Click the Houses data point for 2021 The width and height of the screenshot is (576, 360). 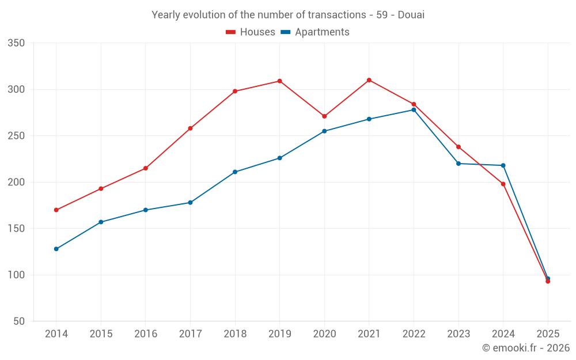(x=369, y=80)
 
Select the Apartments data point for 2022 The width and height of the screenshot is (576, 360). (x=414, y=109)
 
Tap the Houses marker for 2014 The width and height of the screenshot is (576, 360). (x=56, y=210)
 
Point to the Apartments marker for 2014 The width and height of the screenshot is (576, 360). (x=56, y=249)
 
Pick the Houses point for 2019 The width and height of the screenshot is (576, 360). (x=279, y=81)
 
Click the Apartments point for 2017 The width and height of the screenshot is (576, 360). (x=190, y=202)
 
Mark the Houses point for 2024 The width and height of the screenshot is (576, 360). (x=503, y=184)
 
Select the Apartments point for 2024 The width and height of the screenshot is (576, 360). (x=503, y=165)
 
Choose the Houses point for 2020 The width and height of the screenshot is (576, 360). (x=324, y=116)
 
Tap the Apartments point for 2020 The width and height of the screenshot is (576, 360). (x=324, y=131)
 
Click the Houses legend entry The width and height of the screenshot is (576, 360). (x=251, y=32)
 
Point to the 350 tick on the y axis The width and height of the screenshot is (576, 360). (x=16, y=43)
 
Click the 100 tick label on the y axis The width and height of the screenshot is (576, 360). (x=16, y=275)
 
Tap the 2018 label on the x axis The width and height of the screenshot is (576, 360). (x=235, y=334)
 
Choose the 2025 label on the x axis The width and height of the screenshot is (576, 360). (x=548, y=334)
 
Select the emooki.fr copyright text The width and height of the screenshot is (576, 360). (x=526, y=348)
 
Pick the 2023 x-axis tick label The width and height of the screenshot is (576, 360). (x=458, y=334)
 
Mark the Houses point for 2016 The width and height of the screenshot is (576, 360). (x=145, y=168)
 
